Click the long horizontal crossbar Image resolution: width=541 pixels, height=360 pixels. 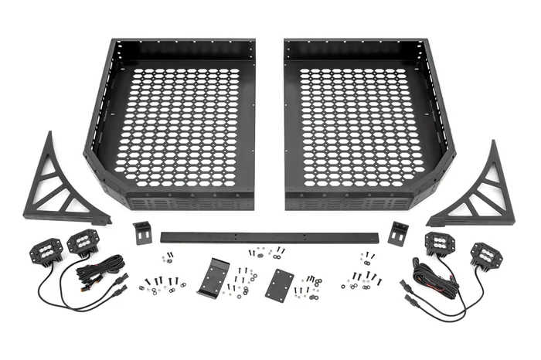pos(270,236)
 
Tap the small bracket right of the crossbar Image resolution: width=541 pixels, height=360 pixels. pos(399,233)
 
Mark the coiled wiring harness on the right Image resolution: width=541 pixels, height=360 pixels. pos(425,278)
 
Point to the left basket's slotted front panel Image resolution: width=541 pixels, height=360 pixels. pos(189,202)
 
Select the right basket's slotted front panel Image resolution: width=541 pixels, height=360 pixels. pos(352,202)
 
